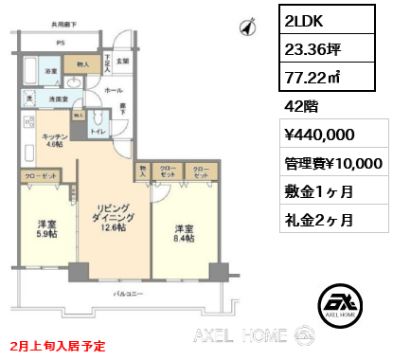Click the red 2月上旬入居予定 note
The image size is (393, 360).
[x=58, y=348]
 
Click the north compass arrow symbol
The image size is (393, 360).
[x=247, y=27]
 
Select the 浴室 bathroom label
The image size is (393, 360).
[x=49, y=71]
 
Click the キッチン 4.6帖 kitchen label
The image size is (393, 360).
[x=53, y=140]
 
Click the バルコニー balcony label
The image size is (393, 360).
[x=122, y=296]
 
